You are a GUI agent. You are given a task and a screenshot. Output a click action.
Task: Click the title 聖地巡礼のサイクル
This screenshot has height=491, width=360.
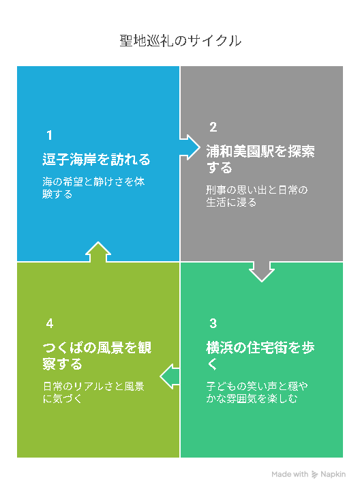tap(180, 41)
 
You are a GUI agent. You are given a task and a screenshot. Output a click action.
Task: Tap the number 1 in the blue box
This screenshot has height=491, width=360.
tap(49, 135)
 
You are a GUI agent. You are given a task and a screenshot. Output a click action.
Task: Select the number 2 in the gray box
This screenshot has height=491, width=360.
tap(213, 127)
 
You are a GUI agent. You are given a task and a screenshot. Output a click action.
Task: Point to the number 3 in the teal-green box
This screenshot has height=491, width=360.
tap(213, 323)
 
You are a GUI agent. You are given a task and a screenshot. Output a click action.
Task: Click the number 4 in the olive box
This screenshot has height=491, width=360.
tap(50, 323)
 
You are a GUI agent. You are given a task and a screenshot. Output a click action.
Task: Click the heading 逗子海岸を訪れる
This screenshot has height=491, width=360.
tap(96, 160)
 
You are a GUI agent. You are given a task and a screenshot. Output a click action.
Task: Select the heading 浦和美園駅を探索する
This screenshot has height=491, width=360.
tap(260, 159)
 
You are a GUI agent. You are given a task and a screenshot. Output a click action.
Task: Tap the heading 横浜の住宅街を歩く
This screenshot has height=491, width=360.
tap(260, 355)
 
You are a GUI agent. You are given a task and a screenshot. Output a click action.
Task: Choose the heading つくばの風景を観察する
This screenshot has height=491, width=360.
tap(97, 355)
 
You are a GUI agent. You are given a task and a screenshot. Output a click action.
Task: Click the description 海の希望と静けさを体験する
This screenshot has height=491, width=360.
tap(93, 188)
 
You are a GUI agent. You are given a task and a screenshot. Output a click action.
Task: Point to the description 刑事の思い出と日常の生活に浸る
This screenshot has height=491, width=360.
tap(257, 196)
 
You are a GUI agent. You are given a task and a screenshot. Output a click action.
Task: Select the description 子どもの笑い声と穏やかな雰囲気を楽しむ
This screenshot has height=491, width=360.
tap(257, 392)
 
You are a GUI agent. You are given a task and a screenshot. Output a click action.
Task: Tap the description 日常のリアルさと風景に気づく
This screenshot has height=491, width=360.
tap(93, 392)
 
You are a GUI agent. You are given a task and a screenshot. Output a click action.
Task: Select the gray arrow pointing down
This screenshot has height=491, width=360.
tap(262, 272)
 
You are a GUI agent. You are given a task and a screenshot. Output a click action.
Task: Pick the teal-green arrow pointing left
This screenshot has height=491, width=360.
tap(170, 376)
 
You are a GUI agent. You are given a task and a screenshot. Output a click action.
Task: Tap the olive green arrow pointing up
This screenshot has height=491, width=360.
tap(98, 252)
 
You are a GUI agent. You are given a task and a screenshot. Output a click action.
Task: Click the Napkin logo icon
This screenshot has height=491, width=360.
tap(314, 475)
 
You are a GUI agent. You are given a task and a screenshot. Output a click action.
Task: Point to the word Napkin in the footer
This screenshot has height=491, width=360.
tap(333, 475)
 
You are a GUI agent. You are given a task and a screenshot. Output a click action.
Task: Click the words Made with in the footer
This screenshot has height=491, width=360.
tap(290, 475)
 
